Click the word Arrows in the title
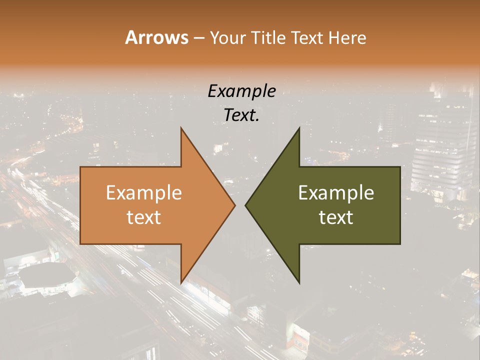point(156,37)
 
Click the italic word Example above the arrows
point(241,91)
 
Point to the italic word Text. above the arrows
point(241,115)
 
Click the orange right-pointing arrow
point(150,205)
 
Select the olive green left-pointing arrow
point(330,205)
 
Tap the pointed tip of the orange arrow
point(235,205)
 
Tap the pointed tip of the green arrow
point(245,205)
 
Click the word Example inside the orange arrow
point(144,193)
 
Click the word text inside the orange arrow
point(144,217)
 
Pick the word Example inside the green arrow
point(336,193)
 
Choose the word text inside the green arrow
point(336,217)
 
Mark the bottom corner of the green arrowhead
point(299,283)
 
